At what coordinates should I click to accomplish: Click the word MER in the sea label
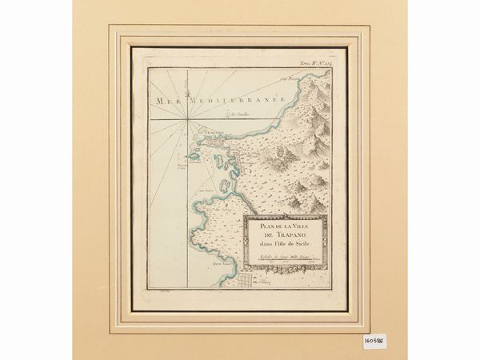tap(166, 102)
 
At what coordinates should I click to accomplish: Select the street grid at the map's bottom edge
tap(243, 280)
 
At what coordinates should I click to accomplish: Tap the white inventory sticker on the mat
tap(375, 340)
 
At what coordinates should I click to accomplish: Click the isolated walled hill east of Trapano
tap(281, 151)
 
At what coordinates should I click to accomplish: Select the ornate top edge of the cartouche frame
tap(286, 218)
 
